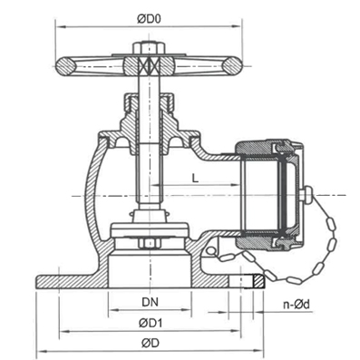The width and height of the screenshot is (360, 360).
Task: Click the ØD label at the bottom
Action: (150, 342)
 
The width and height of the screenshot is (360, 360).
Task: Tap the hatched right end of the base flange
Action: (256, 280)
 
